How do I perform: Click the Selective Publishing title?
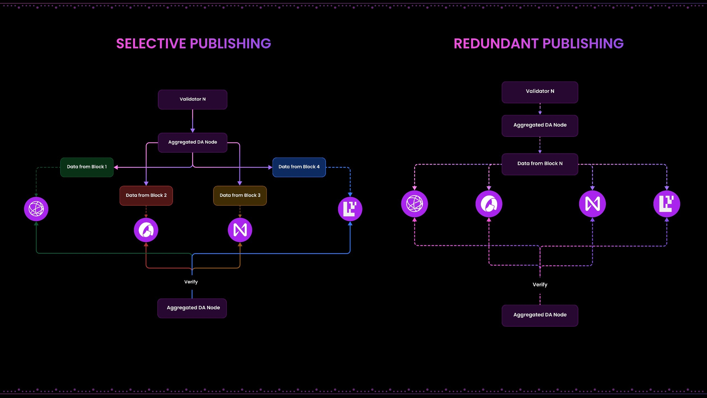(194, 44)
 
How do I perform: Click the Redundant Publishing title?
(539, 44)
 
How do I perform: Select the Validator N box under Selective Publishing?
(192, 99)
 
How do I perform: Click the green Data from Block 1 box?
(87, 167)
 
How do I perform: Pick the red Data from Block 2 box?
(146, 195)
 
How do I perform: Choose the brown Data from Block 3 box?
(240, 195)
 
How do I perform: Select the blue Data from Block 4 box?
(299, 167)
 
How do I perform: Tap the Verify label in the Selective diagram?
(191, 282)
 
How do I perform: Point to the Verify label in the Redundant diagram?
(540, 285)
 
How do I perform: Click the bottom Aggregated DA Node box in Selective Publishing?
(192, 308)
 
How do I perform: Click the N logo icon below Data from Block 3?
(240, 230)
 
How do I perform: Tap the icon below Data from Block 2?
(146, 230)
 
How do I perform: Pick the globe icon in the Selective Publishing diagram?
(36, 209)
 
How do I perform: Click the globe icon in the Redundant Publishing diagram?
(415, 204)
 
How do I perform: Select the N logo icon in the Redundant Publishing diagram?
(592, 204)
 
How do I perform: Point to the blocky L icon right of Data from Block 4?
(350, 209)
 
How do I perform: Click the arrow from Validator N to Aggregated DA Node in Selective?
(192, 121)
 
